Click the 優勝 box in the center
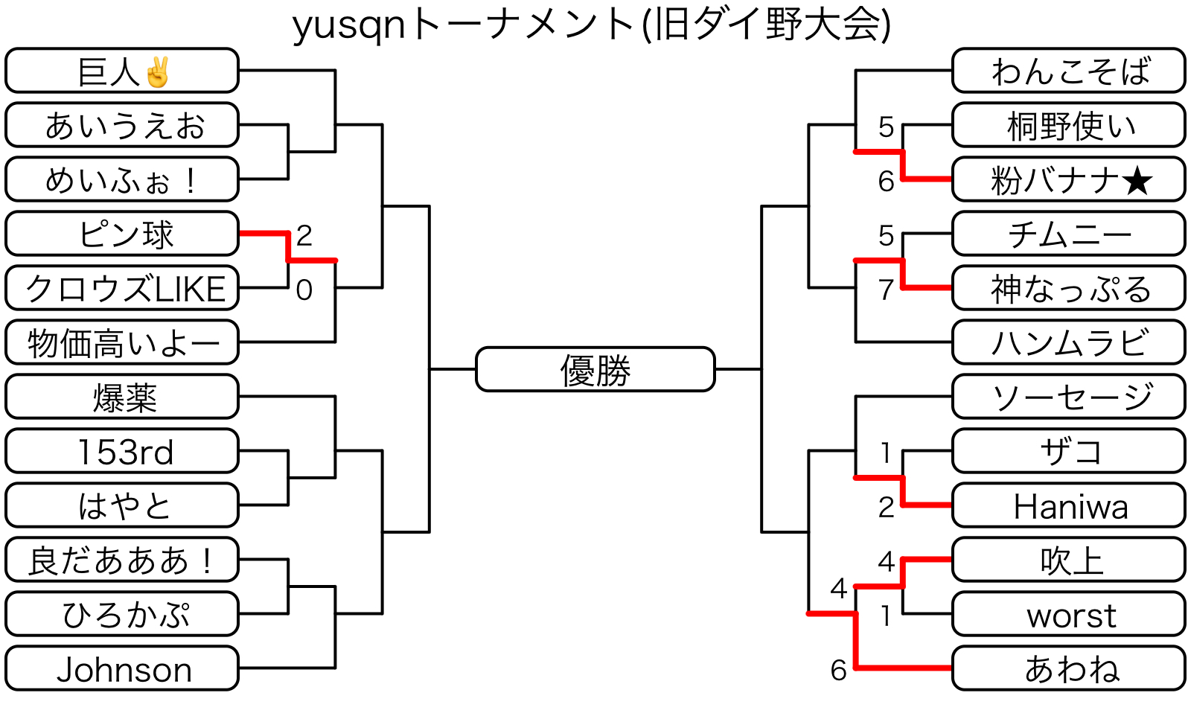595,369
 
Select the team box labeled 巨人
122,71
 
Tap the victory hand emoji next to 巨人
158,72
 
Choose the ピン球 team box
122,234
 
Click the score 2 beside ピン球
304,236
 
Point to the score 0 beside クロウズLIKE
304,290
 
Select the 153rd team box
122,451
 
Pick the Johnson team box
122,669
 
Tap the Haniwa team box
1069,506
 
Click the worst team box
1069,615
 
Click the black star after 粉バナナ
1137,181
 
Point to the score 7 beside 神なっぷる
886,290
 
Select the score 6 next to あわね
839,671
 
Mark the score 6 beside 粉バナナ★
886,182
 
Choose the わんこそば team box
1069,71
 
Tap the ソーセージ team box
1069,397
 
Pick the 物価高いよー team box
122,343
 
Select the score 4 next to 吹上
886,561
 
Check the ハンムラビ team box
1069,343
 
